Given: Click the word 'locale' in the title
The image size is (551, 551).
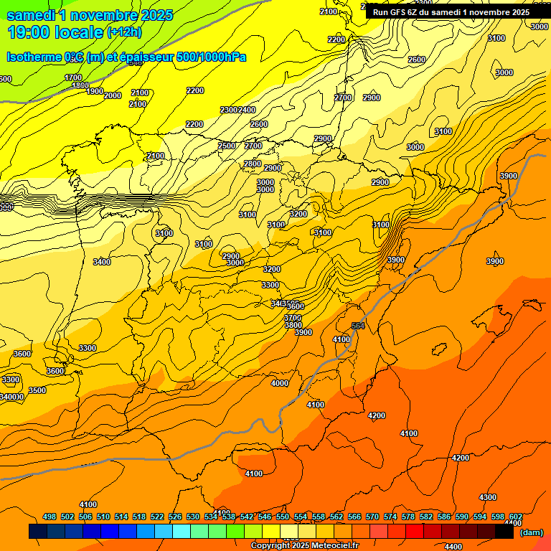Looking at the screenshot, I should [x=75, y=32].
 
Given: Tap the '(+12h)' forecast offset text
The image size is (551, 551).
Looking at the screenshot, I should [x=124, y=32].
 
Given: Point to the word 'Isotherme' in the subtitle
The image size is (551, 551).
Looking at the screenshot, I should [x=35, y=57].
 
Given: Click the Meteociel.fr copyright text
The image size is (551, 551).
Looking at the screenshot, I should [x=304, y=546].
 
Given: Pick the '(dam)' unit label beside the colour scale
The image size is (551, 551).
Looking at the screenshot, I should [x=531, y=532].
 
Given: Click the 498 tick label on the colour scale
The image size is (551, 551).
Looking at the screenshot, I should [x=50, y=517].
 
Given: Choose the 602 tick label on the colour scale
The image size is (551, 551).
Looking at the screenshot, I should [x=515, y=517].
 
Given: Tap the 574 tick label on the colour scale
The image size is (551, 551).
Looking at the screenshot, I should [x=390, y=517].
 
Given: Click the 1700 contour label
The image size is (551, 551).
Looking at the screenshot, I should [x=73, y=77].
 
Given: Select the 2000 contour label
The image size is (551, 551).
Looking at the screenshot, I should [x=113, y=95].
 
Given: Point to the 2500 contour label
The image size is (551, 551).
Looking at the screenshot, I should [x=227, y=146].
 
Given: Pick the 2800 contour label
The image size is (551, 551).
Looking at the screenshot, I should [x=253, y=164].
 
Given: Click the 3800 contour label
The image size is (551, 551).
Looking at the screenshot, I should [x=293, y=325].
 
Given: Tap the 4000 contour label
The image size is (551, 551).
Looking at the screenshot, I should [x=280, y=383].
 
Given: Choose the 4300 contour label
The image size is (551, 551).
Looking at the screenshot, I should [x=488, y=497].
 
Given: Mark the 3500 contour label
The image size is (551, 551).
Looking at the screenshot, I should [x=37, y=390].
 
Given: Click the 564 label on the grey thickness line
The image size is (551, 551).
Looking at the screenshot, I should [x=359, y=326].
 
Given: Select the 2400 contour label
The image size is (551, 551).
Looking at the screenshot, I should [x=247, y=110].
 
